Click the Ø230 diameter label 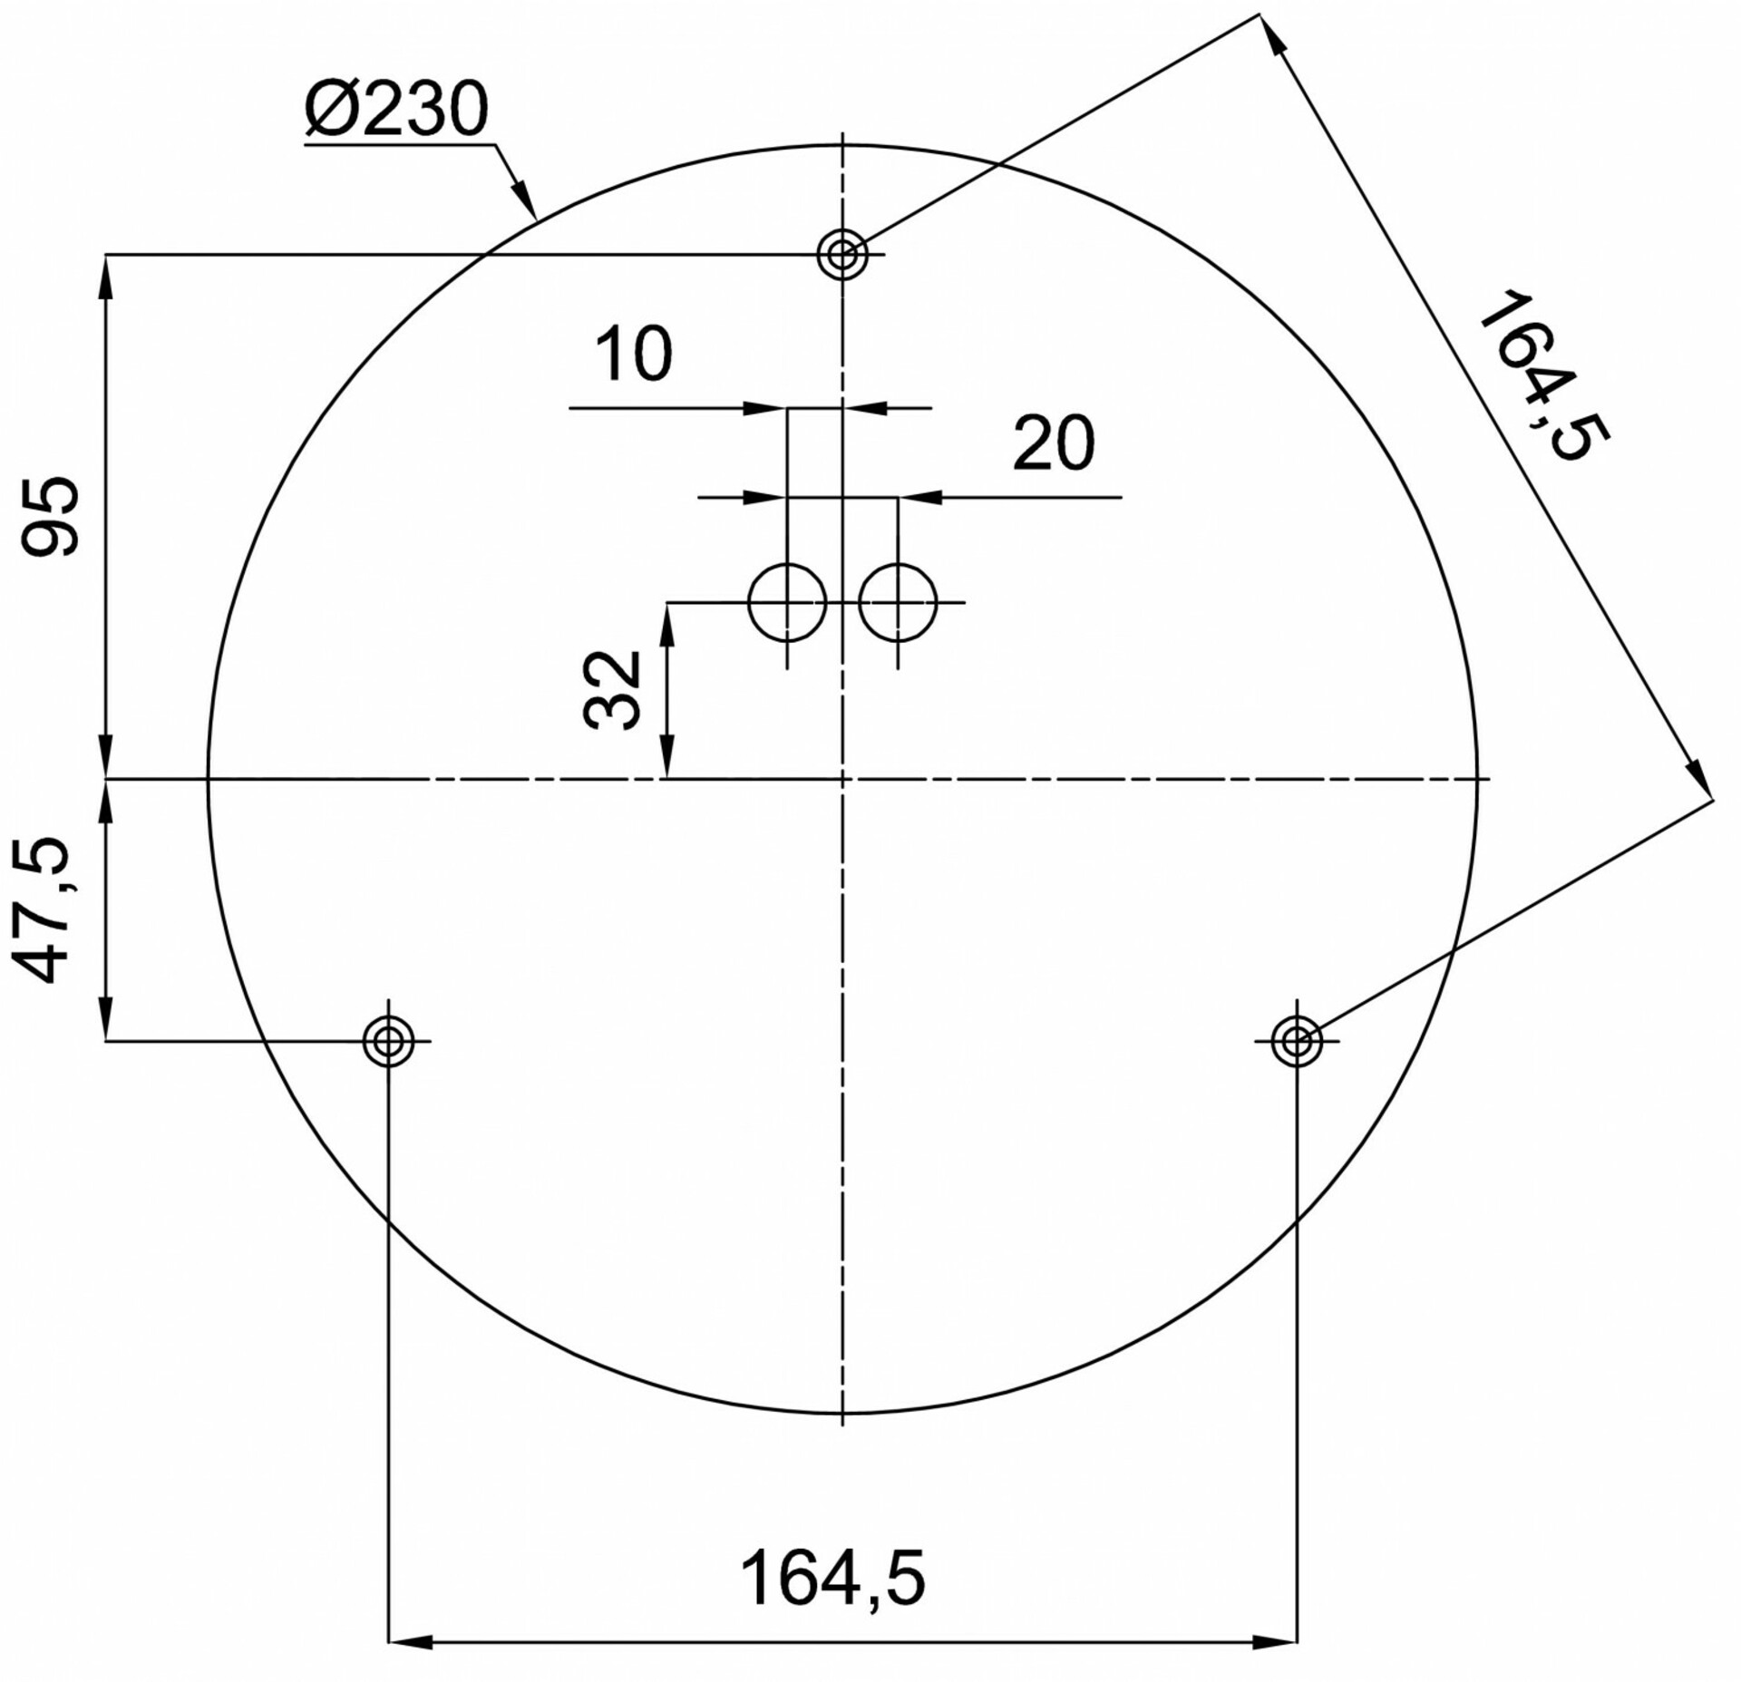[x=397, y=110]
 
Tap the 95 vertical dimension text [x=52, y=516]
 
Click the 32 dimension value [x=612, y=690]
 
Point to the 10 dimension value [x=634, y=354]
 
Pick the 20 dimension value [x=1053, y=443]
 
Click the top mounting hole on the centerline [x=842, y=255]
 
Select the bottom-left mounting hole [x=388, y=1041]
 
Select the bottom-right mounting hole [x=1297, y=1041]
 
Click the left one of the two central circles [x=787, y=602]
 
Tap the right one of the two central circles [x=898, y=602]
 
